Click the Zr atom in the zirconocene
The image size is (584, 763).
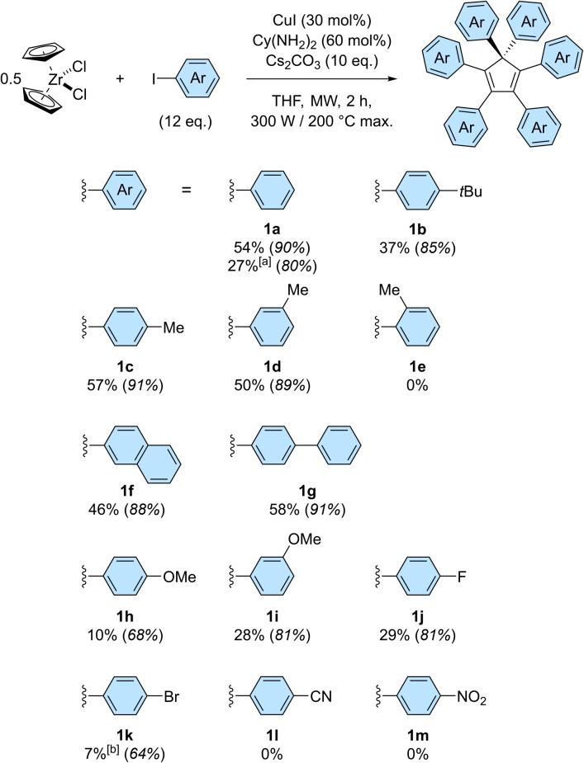coord(55,82)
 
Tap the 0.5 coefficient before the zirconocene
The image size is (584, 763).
coord(12,81)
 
